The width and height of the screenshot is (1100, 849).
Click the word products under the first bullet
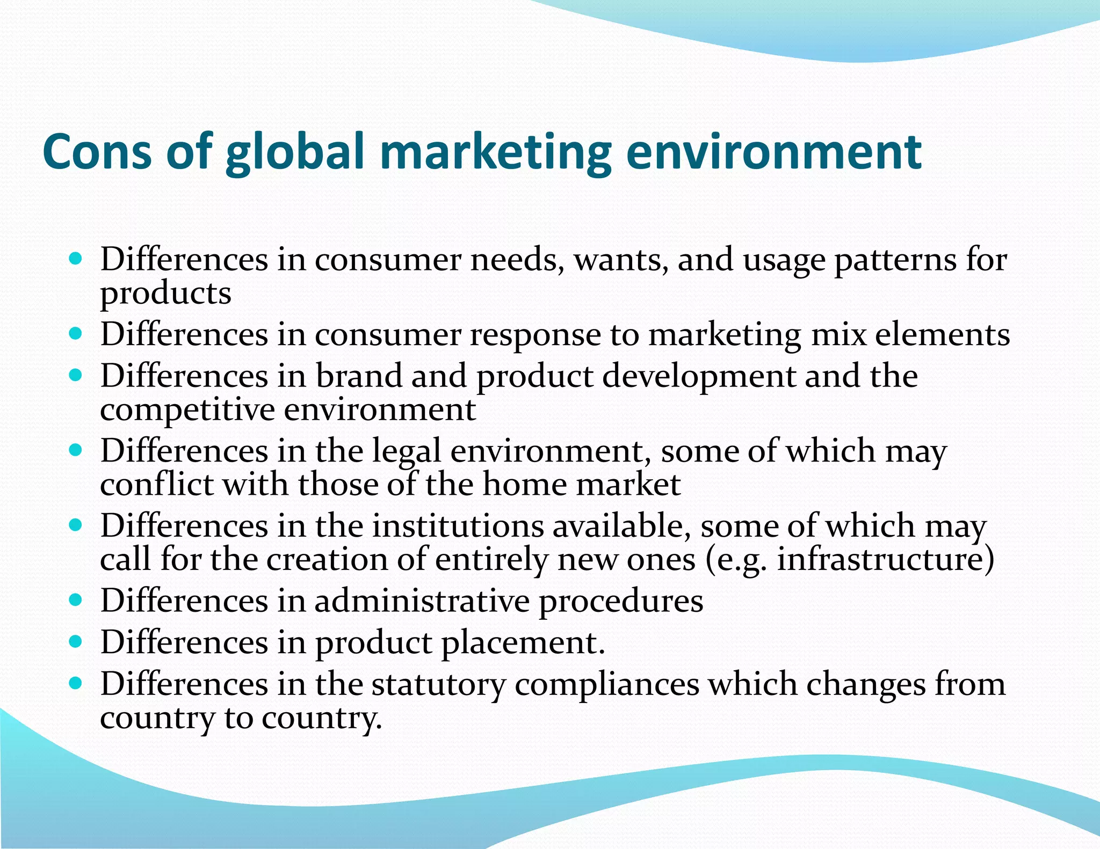[x=165, y=294]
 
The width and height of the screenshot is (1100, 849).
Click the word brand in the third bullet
[x=358, y=376]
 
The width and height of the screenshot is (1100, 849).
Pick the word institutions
[x=458, y=525]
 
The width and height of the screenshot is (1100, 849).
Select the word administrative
[x=422, y=601]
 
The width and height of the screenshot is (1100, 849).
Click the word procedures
[x=621, y=602]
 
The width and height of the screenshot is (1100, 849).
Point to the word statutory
[x=438, y=685]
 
